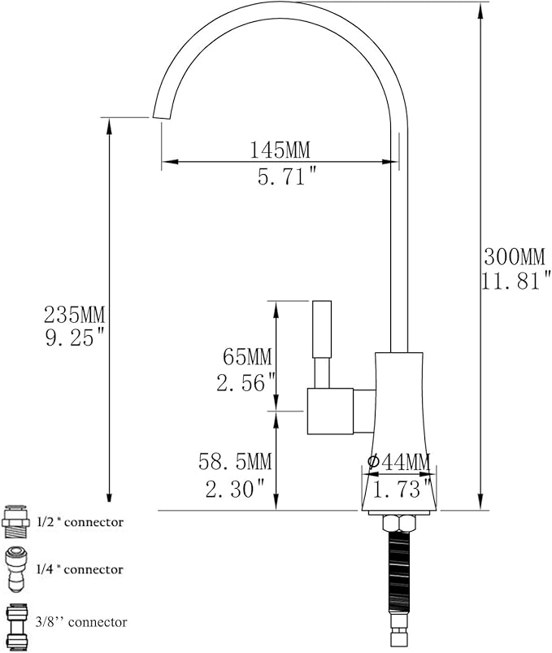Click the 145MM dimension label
(x=280, y=150)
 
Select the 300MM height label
(x=515, y=256)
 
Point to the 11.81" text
(x=516, y=281)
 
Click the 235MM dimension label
(x=75, y=315)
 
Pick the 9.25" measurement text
(x=75, y=338)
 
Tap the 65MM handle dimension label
(x=247, y=357)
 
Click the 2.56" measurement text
(x=246, y=382)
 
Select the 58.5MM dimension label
(x=235, y=461)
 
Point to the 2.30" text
(x=236, y=488)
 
